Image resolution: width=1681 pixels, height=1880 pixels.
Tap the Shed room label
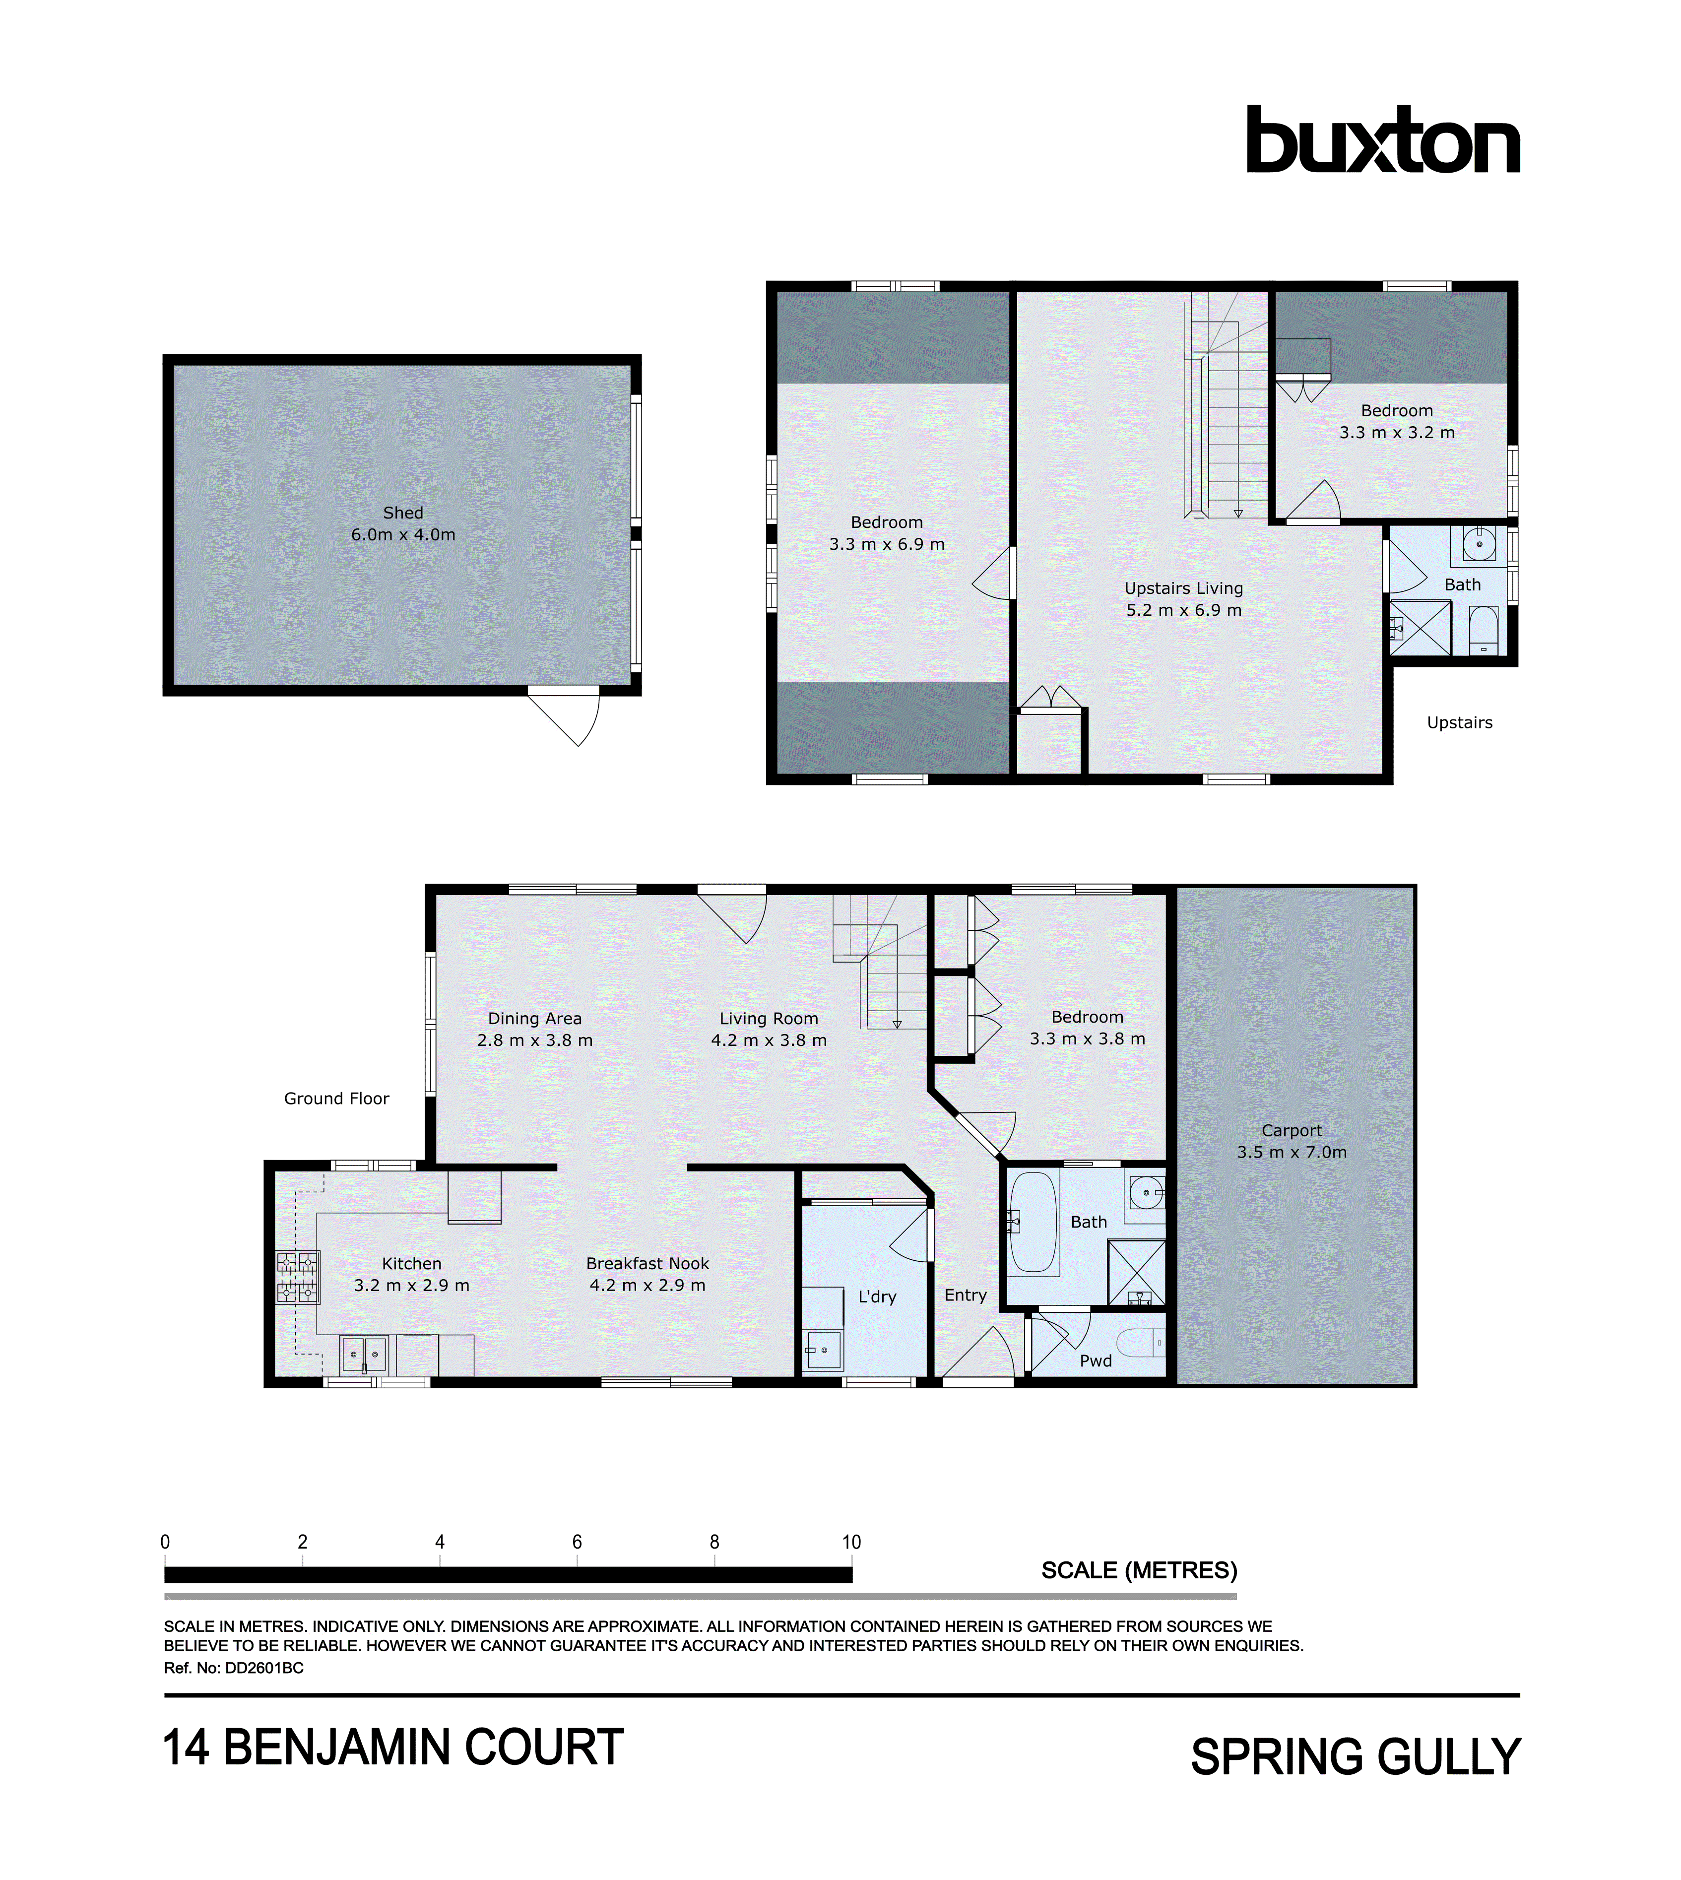403,513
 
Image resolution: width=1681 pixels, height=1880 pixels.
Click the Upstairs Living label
1183,588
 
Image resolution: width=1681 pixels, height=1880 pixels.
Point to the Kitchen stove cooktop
297,1278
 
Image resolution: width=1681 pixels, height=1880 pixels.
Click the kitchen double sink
364,1355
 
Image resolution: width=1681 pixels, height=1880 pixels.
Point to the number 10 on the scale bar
850,1542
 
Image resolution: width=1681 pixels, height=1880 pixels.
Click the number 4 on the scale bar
440,1542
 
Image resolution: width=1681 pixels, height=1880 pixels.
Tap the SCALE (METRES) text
1139,1570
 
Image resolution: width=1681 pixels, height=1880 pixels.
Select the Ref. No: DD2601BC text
234,1669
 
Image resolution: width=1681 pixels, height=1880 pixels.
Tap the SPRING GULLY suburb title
1355,1757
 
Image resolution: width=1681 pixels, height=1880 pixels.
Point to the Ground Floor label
336,1099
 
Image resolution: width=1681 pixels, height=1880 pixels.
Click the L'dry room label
877,1297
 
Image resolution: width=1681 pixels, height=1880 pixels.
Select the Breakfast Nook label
647,1264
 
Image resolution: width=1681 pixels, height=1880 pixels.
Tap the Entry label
965,1295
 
